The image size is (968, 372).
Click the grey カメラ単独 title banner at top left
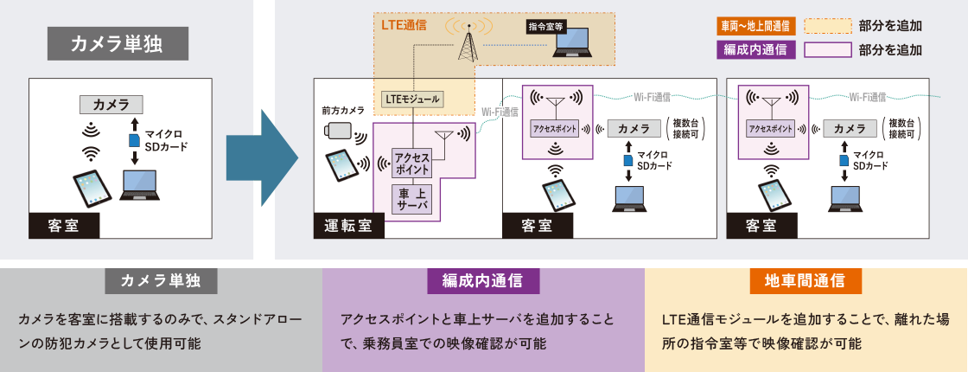(x=117, y=42)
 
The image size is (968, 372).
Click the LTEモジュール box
(x=411, y=99)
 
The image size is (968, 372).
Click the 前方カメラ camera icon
(x=339, y=131)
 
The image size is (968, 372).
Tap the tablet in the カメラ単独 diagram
(x=92, y=186)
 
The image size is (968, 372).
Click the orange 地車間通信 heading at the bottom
(x=805, y=281)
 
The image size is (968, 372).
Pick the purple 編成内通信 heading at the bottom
(x=483, y=281)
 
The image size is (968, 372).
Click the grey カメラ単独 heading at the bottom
(x=161, y=281)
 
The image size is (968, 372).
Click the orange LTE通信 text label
(x=404, y=26)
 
